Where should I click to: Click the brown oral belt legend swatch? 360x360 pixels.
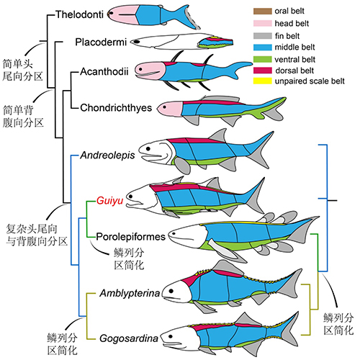[263, 11]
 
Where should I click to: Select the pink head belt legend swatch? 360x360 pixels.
[263, 23]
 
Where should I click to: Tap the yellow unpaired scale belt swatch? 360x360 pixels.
[263, 81]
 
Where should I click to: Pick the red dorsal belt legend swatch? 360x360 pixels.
[263, 71]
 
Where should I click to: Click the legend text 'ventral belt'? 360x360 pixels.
[294, 59]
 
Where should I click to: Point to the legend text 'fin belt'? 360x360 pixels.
[287, 36]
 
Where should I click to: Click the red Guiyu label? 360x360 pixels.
[109, 201]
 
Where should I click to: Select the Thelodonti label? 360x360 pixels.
[80, 14]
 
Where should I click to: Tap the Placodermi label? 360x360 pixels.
[101, 42]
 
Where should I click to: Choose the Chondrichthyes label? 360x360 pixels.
[116, 108]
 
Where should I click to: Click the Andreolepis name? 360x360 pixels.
[107, 156]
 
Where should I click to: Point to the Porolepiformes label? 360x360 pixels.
[131, 237]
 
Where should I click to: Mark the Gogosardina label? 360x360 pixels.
[129, 338]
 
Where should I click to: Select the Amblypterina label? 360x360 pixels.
[130, 293]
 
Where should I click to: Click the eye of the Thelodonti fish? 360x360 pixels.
[111, 14]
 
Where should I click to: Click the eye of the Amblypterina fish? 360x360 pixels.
[171, 291]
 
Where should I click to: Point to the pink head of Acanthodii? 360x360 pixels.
[150, 71]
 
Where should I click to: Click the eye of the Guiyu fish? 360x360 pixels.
[130, 197]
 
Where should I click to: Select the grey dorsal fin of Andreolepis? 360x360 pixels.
[219, 135]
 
